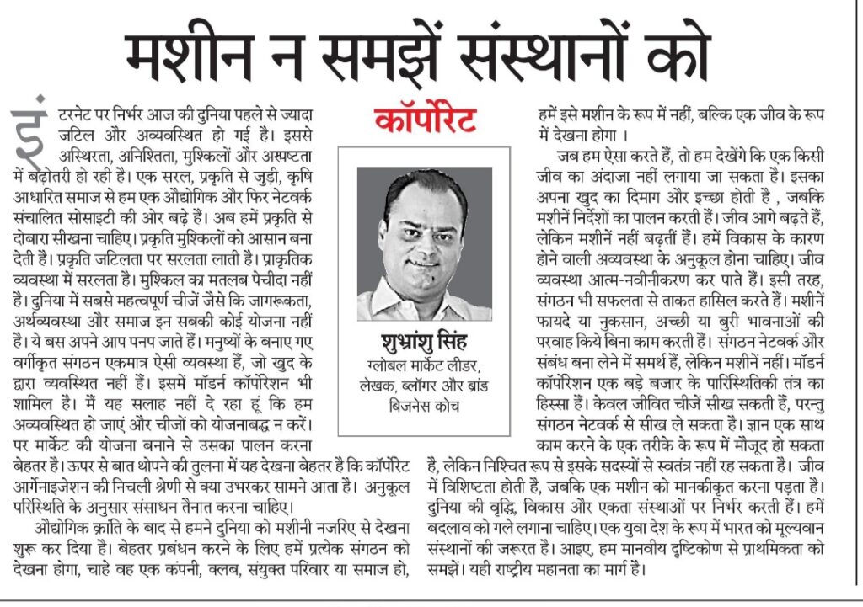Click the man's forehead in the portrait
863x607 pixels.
pyautogui.click(x=432, y=200)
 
